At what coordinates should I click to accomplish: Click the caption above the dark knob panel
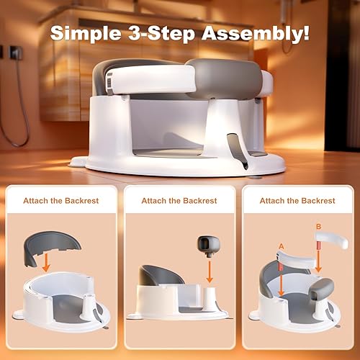pyautogui.click(x=179, y=201)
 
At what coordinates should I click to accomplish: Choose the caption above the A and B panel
pyautogui.click(x=297, y=201)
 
